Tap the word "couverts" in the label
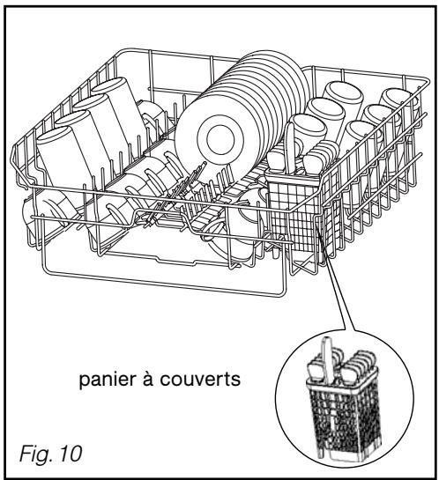(x=200, y=380)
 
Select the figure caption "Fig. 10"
(x=51, y=454)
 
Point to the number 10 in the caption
(x=71, y=454)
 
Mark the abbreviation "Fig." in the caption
(x=35, y=454)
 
